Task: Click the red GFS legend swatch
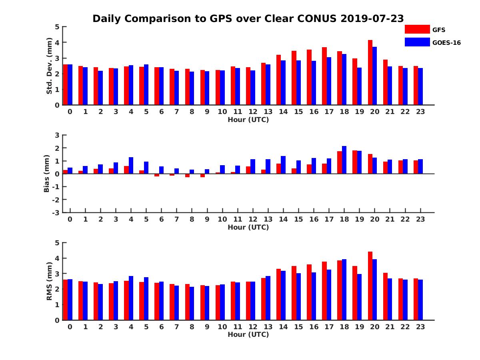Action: (x=417, y=29)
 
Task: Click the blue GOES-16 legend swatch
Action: (x=417, y=42)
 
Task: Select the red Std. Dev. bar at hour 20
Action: (x=370, y=72)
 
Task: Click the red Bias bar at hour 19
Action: (x=355, y=162)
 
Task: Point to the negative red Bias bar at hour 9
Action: (x=202, y=175)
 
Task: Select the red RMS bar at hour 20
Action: (x=370, y=286)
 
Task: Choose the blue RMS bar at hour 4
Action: (x=131, y=298)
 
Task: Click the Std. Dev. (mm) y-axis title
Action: (x=49, y=66)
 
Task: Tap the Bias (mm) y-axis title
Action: (x=47, y=174)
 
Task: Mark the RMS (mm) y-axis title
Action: (x=49, y=281)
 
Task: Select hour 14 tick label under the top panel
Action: (x=283, y=112)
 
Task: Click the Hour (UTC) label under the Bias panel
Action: (x=248, y=227)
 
